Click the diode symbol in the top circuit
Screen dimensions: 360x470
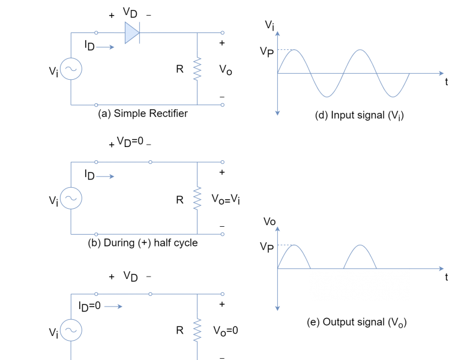click(132, 33)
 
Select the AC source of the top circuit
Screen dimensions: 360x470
click(71, 69)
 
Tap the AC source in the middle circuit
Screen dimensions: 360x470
click(71, 198)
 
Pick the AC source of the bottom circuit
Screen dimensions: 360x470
click(71, 330)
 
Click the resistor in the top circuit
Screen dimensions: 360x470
click(197, 69)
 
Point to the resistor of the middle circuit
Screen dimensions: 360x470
click(197, 198)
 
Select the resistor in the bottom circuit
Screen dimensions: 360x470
click(197, 330)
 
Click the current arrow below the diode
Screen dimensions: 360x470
click(105, 47)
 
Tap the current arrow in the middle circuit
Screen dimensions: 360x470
click(105, 176)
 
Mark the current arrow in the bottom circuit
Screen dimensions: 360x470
click(113, 307)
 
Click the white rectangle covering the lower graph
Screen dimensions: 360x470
click(359, 284)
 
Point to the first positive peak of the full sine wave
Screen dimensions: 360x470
click(294, 50)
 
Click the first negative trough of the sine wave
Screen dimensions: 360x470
click(327, 97)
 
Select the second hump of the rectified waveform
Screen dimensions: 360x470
click(360, 245)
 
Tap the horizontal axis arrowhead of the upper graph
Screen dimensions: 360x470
click(441, 73)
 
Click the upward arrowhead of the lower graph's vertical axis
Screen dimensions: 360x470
click(277, 229)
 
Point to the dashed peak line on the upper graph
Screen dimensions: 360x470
click(285, 50)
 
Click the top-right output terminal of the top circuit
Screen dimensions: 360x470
click(222, 33)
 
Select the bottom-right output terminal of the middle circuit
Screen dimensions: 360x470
click(222, 234)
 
